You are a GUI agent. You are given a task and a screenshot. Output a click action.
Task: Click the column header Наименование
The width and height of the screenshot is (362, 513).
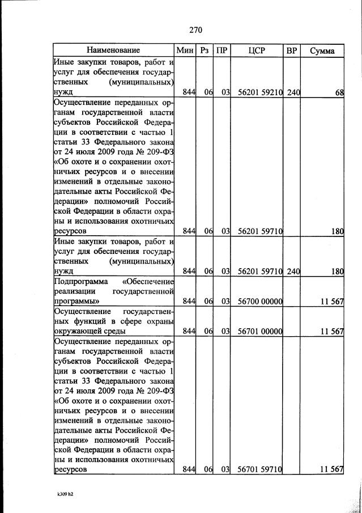[x=114, y=50]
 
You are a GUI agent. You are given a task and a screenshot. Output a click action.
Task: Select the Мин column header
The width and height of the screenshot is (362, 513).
[x=185, y=50]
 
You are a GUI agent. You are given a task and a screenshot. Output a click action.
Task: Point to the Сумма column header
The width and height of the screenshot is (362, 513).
[x=322, y=50]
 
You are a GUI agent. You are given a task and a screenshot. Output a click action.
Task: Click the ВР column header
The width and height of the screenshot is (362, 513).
[x=292, y=50]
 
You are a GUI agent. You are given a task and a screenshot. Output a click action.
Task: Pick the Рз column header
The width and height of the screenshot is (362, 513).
[x=205, y=50]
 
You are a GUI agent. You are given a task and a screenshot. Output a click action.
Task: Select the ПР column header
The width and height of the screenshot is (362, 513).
[x=222, y=50]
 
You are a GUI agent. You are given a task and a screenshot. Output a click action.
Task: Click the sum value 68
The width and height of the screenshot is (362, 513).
[x=339, y=93]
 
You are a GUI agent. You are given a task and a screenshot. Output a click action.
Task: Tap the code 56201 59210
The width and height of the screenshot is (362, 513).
[x=260, y=93]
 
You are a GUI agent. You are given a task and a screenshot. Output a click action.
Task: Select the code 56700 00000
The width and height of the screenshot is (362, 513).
[x=260, y=301]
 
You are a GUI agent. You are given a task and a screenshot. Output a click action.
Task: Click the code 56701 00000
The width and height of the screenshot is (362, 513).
[x=260, y=331]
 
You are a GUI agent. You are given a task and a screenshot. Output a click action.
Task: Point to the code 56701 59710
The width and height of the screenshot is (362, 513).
[x=260, y=470]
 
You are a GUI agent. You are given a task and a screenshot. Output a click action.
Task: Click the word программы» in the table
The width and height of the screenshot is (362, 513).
[x=77, y=301]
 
